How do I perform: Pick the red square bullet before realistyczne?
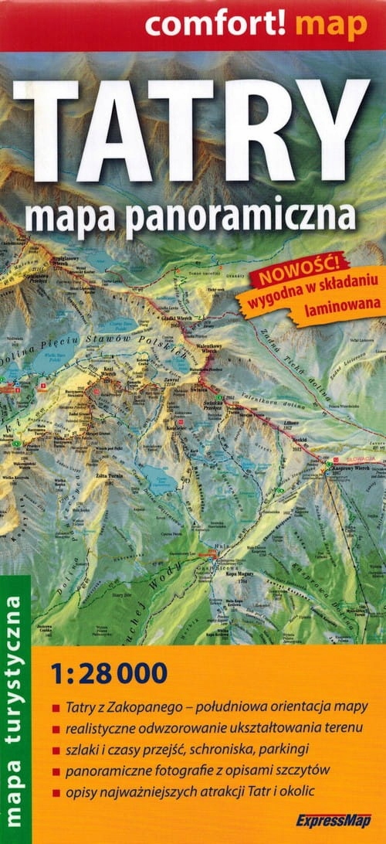tap(56, 730)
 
